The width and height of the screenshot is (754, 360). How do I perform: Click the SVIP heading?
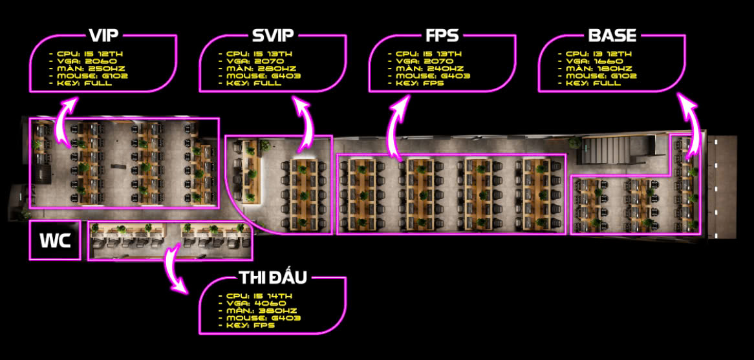click(x=273, y=36)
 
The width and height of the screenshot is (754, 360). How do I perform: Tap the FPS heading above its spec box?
click(x=442, y=36)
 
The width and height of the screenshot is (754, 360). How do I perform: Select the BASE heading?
click(x=612, y=36)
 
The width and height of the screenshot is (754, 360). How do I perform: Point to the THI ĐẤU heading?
click(x=273, y=279)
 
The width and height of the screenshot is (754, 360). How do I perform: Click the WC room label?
click(x=55, y=240)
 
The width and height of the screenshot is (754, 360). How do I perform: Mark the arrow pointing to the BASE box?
click(x=691, y=126)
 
